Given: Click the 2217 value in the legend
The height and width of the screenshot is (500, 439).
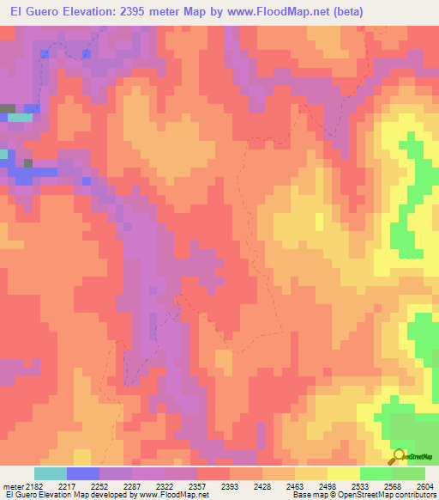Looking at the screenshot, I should click(66, 486).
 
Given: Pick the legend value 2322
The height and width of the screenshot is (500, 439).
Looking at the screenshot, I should click(164, 486).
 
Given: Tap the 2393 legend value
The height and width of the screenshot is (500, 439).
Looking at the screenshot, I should click(229, 486).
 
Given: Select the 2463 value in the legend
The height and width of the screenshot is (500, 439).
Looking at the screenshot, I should click(294, 486).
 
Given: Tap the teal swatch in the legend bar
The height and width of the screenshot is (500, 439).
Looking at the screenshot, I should click(51, 473).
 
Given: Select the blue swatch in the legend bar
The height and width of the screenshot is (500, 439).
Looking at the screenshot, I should click(83, 473).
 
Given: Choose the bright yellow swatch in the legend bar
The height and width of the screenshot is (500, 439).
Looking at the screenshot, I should click(344, 473).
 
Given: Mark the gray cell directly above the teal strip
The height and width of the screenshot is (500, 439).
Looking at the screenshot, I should click(8, 108).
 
